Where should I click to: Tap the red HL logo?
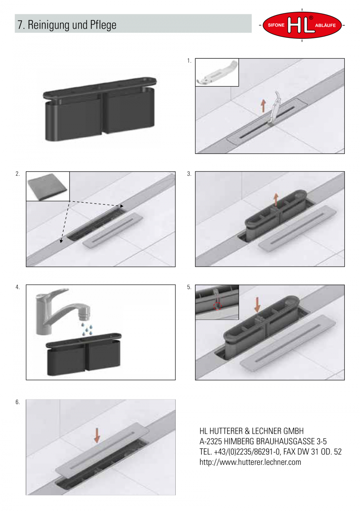(x=302, y=25)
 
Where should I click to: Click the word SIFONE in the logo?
(x=276, y=25)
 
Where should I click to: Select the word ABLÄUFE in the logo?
(x=325, y=25)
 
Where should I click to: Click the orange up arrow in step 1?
(x=263, y=106)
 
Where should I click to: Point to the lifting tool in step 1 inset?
(x=217, y=72)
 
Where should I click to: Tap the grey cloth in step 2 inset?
(x=47, y=187)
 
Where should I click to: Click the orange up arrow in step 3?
(x=276, y=200)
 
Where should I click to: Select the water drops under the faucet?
(x=87, y=329)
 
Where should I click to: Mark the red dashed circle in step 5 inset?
(x=217, y=306)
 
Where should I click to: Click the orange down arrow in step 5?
(x=257, y=305)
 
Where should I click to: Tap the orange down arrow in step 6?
(x=97, y=435)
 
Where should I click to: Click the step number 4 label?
(x=17, y=287)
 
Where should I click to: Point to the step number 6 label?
(x=18, y=402)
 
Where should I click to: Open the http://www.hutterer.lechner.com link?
(x=250, y=462)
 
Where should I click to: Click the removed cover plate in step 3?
(x=297, y=229)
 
